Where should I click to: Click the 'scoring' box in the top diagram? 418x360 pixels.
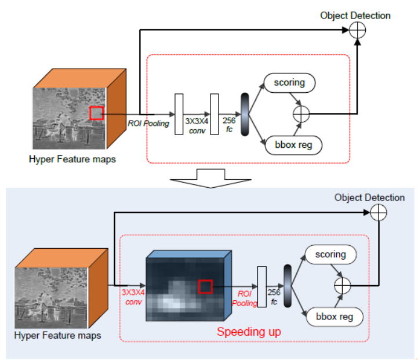tap(290, 82)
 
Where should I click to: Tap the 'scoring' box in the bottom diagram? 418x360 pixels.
tap(330, 254)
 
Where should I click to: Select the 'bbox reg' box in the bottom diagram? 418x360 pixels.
tap(329, 317)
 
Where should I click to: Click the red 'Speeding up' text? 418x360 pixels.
tap(249, 332)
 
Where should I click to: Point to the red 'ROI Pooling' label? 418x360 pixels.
tap(243, 299)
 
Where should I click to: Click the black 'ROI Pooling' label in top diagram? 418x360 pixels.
tap(148, 123)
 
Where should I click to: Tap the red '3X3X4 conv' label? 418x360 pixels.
tap(133, 297)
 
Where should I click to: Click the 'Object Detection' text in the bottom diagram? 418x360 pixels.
tap(369, 198)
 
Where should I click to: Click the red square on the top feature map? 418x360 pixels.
tap(96, 113)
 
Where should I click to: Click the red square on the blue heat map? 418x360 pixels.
tap(205, 286)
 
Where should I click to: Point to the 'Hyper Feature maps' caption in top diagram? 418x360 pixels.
tap(72, 159)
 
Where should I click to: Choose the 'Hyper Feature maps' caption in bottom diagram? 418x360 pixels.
tap(58, 335)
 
